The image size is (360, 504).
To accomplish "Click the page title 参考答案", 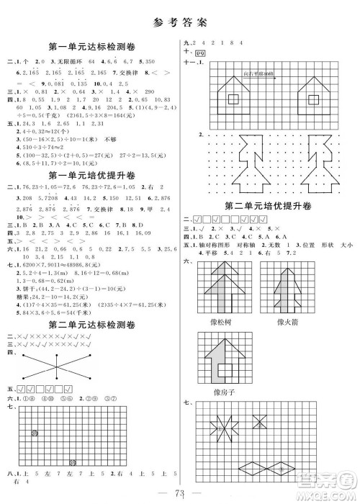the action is click(x=180, y=22).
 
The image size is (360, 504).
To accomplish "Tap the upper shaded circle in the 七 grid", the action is click(x=36, y=433).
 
